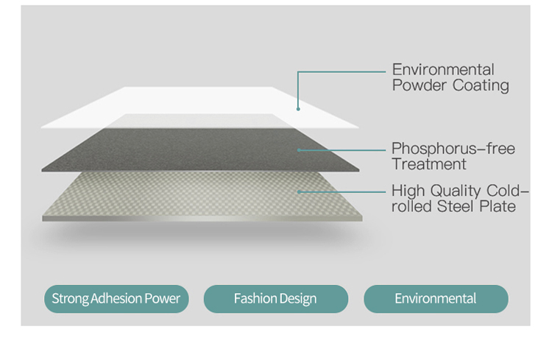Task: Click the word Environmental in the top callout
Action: click(x=443, y=70)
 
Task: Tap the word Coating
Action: click(x=481, y=85)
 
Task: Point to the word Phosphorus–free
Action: click(x=453, y=149)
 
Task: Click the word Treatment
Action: click(x=428, y=164)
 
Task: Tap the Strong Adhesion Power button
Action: click(x=116, y=299)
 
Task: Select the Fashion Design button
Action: click(x=275, y=299)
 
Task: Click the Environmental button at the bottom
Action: click(x=436, y=299)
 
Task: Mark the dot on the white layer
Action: click(x=298, y=109)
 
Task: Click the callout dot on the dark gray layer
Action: click(x=299, y=149)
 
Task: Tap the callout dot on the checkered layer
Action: click(x=299, y=191)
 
